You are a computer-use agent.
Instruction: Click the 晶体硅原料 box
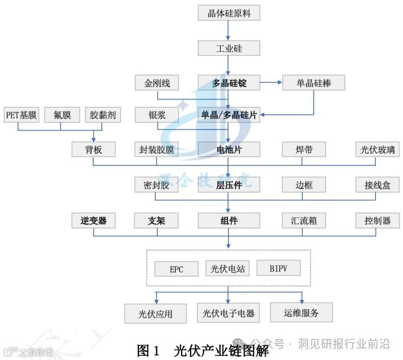[229, 13]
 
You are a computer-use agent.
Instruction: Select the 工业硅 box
[229, 48]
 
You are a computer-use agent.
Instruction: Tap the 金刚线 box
[157, 83]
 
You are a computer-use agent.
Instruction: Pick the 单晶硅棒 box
[313, 83]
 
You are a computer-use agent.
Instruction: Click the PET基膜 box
[21, 115]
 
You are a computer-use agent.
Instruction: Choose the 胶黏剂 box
[103, 115]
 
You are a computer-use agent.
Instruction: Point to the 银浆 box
[157, 115]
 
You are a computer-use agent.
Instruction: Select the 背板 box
[93, 149]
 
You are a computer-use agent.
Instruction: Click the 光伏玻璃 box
[377, 149]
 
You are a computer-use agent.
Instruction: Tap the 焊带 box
[304, 149]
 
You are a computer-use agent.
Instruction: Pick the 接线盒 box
[377, 185]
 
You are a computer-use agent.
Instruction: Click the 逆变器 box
[93, 220]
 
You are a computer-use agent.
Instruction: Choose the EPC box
[176, 269]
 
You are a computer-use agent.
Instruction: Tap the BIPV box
[278, 268]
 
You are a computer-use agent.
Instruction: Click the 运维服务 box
[301, 313]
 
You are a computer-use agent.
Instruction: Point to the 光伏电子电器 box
[229, 313]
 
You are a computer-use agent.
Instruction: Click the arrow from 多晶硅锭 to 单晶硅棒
[271, 83]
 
